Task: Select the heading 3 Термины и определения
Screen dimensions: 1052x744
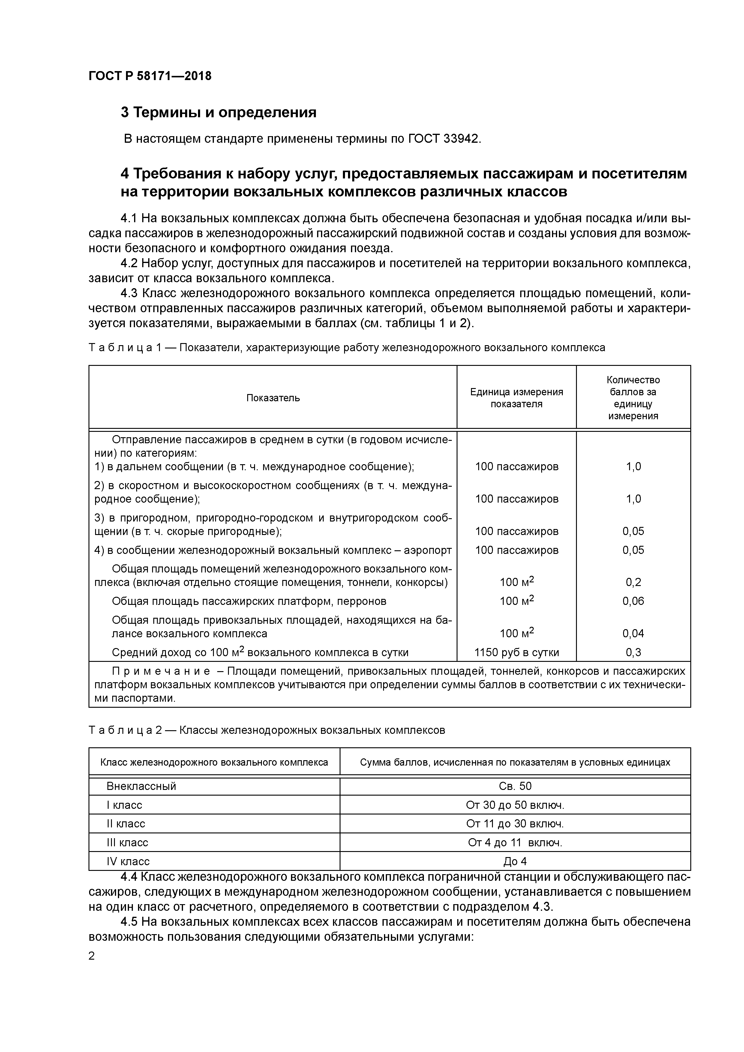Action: [x=218, y=112]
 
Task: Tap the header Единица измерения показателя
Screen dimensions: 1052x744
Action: [x=516, y=398]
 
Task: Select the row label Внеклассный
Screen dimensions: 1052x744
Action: [x=141, y=786]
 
